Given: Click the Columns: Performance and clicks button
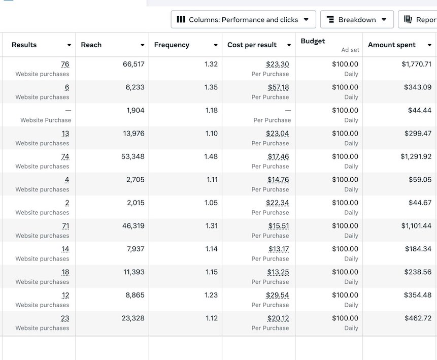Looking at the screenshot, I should click(x=243, y=20).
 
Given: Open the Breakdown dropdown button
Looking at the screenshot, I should click(x=357, y=20).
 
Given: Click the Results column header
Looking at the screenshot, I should click(x=24, y=45).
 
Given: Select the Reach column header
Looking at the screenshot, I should click(x=91, y=45).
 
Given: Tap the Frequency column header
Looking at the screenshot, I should click(x=172, y=45).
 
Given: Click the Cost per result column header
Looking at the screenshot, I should click(x=252, y=45).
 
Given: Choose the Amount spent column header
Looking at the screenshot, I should click(x=392, y=45).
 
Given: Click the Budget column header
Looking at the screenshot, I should click(x=313, y=41).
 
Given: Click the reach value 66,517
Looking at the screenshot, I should click(x=133, y=64).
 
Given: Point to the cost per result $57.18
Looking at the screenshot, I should click(x=278, y=87).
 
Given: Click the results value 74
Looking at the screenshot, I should click(x=65, y=156).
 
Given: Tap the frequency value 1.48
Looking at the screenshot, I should click(x=211, y=156).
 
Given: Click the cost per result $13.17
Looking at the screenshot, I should click(x=279, y=249).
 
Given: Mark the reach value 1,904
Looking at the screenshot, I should click(x=136, y=110).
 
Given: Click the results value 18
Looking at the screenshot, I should click(x=65, y=272).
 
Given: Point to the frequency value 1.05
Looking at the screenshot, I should click(x=211, y=203).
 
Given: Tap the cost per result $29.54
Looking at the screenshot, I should click(x=277, y=295).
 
